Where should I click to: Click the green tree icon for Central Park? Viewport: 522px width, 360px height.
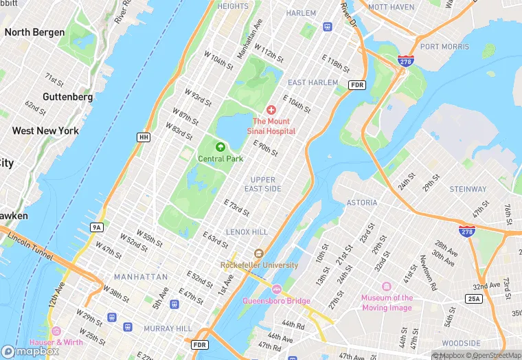[220, 146]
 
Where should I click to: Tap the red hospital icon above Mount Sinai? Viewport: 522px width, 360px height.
[271, 110]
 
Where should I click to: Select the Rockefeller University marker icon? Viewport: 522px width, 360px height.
[259, 254]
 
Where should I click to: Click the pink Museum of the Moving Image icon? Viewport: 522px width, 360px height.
[387, 286]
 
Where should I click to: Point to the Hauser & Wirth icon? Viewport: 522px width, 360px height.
[56, 331]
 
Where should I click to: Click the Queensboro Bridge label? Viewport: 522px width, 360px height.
[276, 301]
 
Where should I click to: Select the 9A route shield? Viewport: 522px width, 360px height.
[97, 227]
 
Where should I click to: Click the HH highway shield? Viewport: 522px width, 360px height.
[144, 137]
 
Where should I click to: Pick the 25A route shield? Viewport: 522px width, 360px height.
[474, 299]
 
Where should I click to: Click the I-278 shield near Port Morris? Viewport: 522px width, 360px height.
[405, 61]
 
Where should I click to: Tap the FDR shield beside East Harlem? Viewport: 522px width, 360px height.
[356, 85]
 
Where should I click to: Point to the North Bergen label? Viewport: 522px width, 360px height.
[34, 32]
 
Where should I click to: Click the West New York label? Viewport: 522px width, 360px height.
[45, 131]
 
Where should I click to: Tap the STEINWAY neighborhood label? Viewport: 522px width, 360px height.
[468, 189]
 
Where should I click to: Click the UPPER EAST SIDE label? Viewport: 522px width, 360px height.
[262, 184]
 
